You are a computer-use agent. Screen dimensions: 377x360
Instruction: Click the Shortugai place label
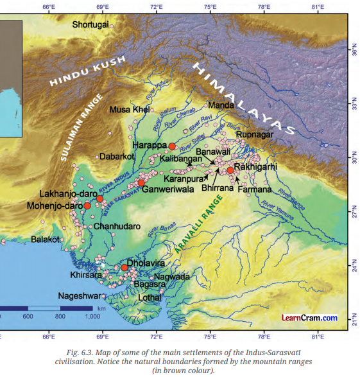pyautogui.click(x=90, y=25)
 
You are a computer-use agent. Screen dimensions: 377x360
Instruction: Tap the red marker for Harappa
pyautogui.click(x=172, y=146)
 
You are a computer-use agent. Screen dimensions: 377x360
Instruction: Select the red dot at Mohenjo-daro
pyautogui.click(x=87, y=206)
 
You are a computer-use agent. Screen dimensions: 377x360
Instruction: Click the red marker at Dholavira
pyautogui.click(x=124, y=267)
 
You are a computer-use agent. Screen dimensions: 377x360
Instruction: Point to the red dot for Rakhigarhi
pyautogui.click(x=230, y=170)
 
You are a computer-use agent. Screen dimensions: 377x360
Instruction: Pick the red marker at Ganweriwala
pyautogui.click(x=141, y=183)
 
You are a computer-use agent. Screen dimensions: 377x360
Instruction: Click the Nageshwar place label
pyautogui.click(x=78, y=296)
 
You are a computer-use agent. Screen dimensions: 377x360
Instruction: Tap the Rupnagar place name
pyautogui.click(x=255, y=134)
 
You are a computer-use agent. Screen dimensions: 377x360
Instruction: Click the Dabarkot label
pyautogui.click(x=117, y=156)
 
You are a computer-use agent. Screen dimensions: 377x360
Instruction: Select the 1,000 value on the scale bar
pyautogui.click(x=92, y=317)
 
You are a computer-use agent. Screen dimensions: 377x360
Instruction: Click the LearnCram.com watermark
pyautogui.click(x=309, y=317)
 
